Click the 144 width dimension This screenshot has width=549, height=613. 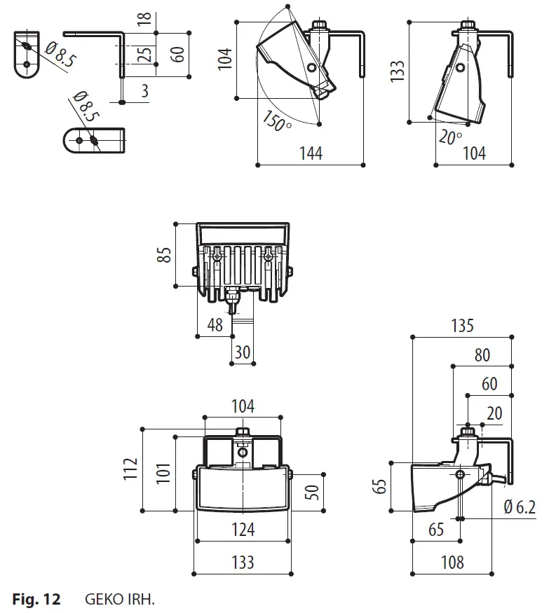[x=311, y=153]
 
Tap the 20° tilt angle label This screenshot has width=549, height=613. [x=450, y=136]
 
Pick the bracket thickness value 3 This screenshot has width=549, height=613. [x=144, y=89]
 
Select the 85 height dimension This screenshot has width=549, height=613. [x=165, y=254]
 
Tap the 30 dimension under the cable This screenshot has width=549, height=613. [x=243, y=352]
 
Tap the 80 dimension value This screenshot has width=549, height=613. [x=482, y=355]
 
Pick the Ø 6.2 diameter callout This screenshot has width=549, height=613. [x=520, y=507]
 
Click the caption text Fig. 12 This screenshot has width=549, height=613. [x=36, y=600]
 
